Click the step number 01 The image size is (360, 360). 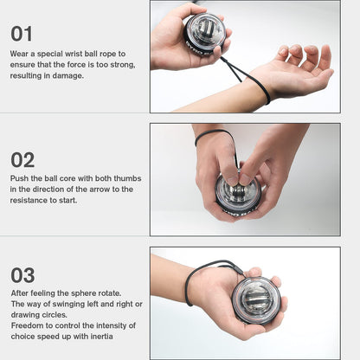22,34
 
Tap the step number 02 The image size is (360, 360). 23,159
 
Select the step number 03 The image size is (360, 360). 23,275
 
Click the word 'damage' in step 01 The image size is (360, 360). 67,75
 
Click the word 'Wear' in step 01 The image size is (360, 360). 19,54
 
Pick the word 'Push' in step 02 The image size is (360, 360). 19,178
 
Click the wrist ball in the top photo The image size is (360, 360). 205,33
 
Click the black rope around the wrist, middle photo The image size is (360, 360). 210,134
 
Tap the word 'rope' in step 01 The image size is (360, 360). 121,54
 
